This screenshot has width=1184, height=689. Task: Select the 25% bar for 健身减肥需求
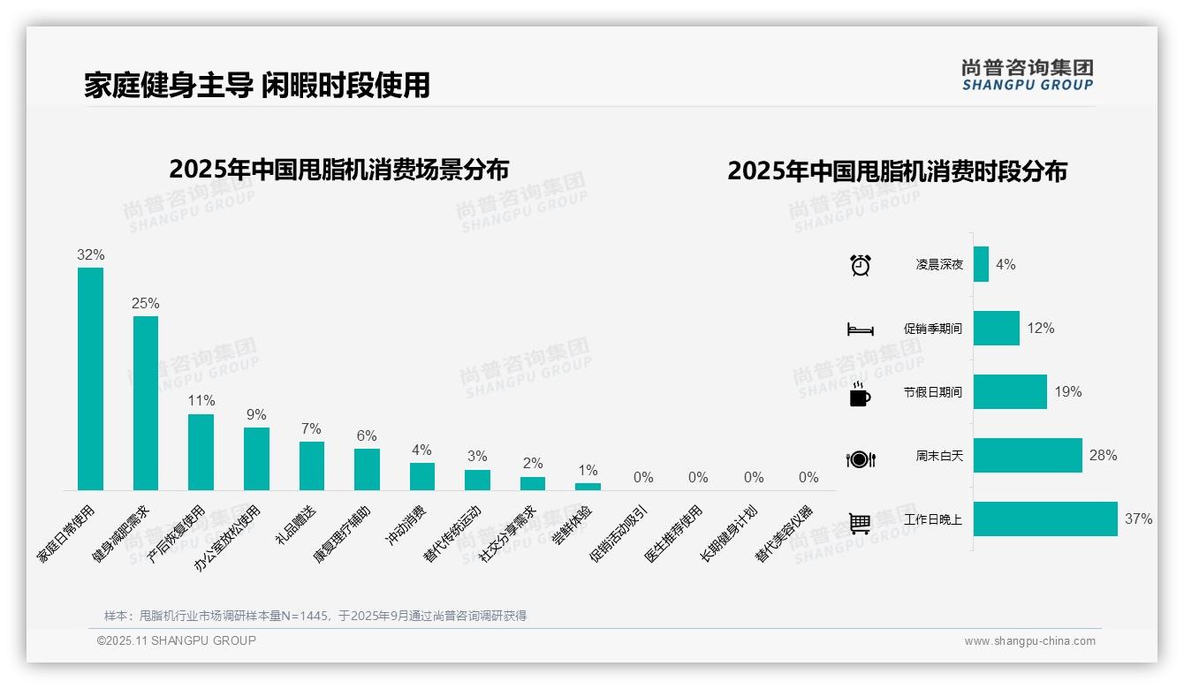coord(146,403)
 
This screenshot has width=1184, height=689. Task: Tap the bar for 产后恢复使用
coord(201,451)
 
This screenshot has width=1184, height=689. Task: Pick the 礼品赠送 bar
coord(311,466)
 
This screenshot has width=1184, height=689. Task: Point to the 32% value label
coord(90,254)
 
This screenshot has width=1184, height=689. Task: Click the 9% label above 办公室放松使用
coord(256,414)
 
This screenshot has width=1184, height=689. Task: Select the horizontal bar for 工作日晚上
coord(1045,519)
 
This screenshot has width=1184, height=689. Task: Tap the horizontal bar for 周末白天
coord(1028,456)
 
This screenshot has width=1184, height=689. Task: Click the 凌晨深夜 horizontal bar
coord(981,264)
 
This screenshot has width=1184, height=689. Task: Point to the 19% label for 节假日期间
coord(1067,391)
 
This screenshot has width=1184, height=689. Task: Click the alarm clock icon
coord(860,265)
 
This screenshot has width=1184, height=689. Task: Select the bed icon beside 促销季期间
coord(860,329)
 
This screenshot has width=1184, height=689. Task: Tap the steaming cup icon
coord(860,394)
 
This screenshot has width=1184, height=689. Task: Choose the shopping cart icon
coord(860,523)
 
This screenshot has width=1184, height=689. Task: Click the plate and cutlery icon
coord(860,458)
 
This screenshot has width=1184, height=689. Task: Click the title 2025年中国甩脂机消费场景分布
coord(338,169)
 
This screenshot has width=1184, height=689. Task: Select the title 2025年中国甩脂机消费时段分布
coord(897,170)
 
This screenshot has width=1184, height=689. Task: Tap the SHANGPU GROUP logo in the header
coord(1027,75)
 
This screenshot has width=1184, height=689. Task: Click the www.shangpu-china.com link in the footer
coord(1029,641)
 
